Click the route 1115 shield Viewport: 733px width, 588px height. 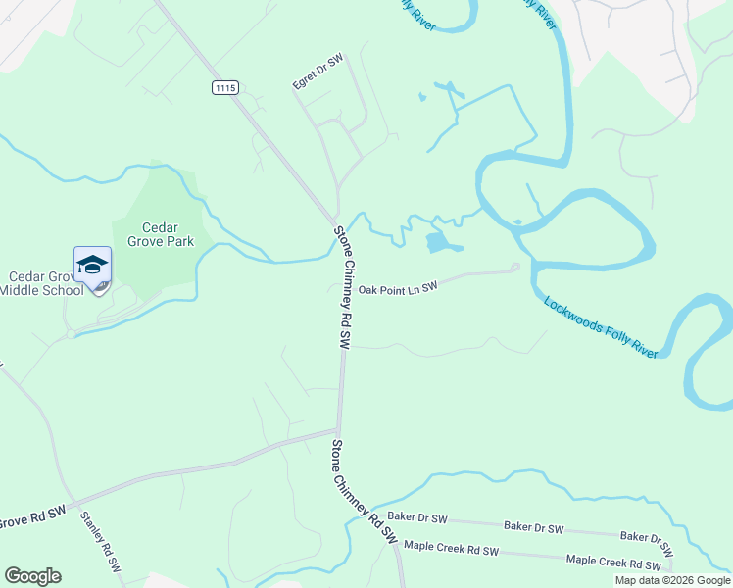224,88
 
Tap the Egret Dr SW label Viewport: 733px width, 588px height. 318,73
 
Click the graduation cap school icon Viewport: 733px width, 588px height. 92,267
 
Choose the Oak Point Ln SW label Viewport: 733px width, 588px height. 396,289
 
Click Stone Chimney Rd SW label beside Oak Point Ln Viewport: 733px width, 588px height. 343,287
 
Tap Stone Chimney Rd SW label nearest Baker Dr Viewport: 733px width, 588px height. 364,492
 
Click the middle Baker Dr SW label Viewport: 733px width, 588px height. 533,527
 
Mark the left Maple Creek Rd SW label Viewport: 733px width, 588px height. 451,548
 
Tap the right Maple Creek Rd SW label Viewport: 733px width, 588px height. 614,563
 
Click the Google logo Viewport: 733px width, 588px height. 32,576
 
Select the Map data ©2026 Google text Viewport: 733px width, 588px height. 671,580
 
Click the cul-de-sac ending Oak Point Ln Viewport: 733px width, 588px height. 514,268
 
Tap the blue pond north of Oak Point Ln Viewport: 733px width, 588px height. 442,242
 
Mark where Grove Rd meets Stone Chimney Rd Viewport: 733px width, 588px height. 338,429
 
